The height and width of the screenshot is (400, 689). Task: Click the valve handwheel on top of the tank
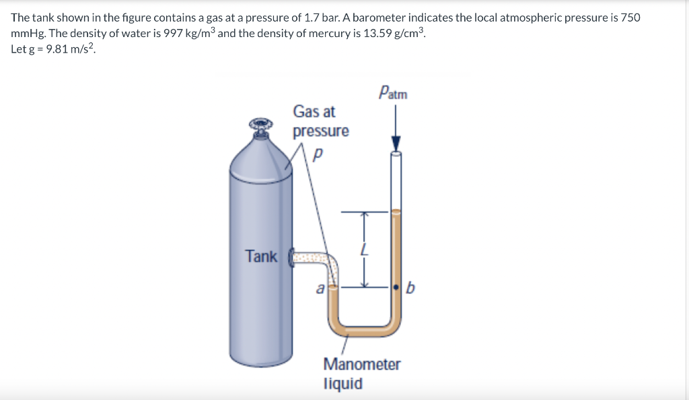click(x=260, y=125)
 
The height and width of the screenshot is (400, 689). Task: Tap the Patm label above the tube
click(x=393, y=92)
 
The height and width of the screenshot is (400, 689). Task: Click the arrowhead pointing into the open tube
click(x=396, y=144)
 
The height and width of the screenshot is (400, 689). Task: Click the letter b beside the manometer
click(x=412, y=290)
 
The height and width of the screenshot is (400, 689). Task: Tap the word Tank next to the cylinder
click(x=261, y=257)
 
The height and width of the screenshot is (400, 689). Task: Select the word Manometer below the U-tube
click(x=361, y=364)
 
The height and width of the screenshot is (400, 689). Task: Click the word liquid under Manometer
click(x=343, y=384)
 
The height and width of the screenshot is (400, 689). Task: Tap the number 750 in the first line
click(x=630, y=18)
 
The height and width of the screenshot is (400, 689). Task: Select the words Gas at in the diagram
click(x=314, y=112)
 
